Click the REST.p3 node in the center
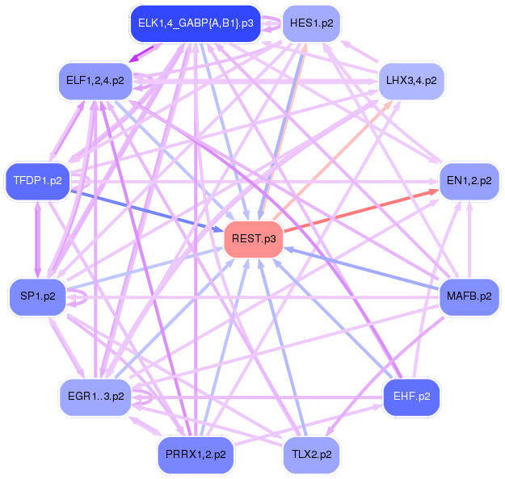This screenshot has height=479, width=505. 253,239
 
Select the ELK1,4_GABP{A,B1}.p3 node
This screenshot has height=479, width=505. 196,23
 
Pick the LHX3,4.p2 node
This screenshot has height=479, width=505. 412,81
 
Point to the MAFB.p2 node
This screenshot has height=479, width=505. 469,296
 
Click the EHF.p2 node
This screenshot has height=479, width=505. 411,396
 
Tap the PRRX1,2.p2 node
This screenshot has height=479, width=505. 196,455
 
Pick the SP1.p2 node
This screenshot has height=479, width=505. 37,296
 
